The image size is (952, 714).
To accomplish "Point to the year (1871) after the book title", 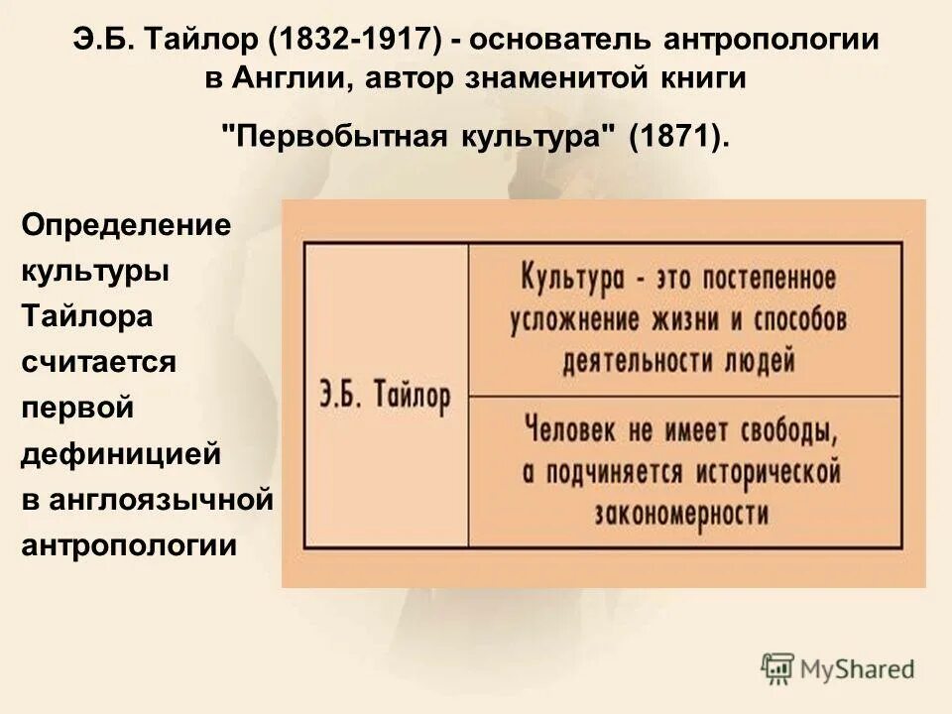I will point(678,136).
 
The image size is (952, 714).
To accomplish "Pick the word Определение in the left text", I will point(126,225).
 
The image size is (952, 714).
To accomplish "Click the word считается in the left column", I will point(99,362).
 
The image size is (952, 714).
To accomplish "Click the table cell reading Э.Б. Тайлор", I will point(385,395).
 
